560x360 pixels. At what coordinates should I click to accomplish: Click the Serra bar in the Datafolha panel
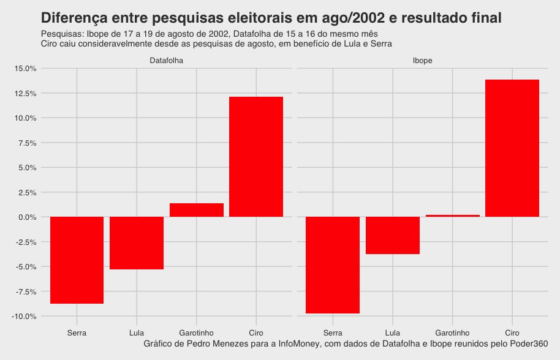point(77,260)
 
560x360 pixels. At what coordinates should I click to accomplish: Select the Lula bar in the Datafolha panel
point(137,243)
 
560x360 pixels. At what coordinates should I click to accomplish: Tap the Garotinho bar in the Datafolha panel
point(197,210)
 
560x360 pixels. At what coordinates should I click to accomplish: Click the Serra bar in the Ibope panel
point(333,265)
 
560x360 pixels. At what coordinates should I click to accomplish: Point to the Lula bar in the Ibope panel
point(393,235)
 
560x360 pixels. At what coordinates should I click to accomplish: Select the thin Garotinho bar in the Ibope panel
point(453,216)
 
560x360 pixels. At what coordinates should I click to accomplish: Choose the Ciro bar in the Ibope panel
point(512,148)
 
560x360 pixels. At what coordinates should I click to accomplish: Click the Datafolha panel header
point(167,61)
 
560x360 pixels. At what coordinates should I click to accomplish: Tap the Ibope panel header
point(422,61)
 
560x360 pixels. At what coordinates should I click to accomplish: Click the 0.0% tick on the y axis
point(26,217)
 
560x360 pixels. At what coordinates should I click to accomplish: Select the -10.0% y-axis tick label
point(23,317)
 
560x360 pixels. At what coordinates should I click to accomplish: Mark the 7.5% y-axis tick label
point(26,143)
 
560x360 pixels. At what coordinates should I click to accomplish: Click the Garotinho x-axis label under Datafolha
point(197,333)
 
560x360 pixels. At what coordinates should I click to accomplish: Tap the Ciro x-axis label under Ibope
point(512,333)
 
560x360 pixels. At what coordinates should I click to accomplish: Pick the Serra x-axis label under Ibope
point(333,333)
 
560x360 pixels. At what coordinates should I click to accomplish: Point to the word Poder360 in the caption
point(528,344)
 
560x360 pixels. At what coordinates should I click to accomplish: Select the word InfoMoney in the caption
point(299,344)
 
